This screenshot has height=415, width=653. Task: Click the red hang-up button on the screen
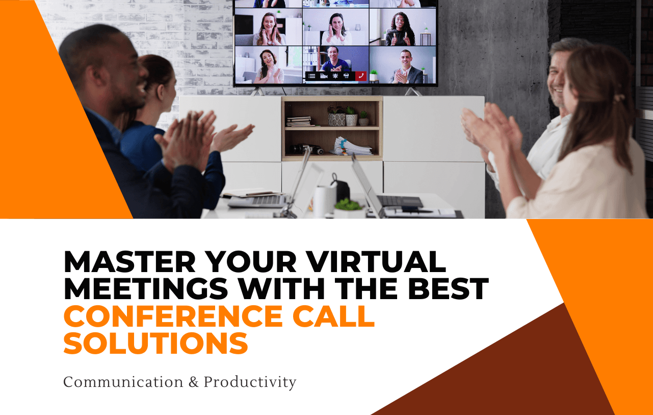tap(361, 76)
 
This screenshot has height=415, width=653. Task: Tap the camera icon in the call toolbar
tap(323, 76)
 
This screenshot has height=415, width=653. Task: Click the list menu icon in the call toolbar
tap(311, 76)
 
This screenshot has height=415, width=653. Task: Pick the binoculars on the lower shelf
tap(307, 149)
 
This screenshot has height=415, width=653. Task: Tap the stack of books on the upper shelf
tap(299, 121)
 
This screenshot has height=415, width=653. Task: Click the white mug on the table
tap(324, 201)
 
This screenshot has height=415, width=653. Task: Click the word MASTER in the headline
tap(130, 262)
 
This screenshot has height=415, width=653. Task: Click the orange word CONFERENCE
tap(173, 316)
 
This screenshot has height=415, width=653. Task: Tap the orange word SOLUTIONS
tap(155, 343)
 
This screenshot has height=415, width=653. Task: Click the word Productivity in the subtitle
tap(250, 382)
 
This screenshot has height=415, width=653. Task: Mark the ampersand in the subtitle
tap(193, 382)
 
